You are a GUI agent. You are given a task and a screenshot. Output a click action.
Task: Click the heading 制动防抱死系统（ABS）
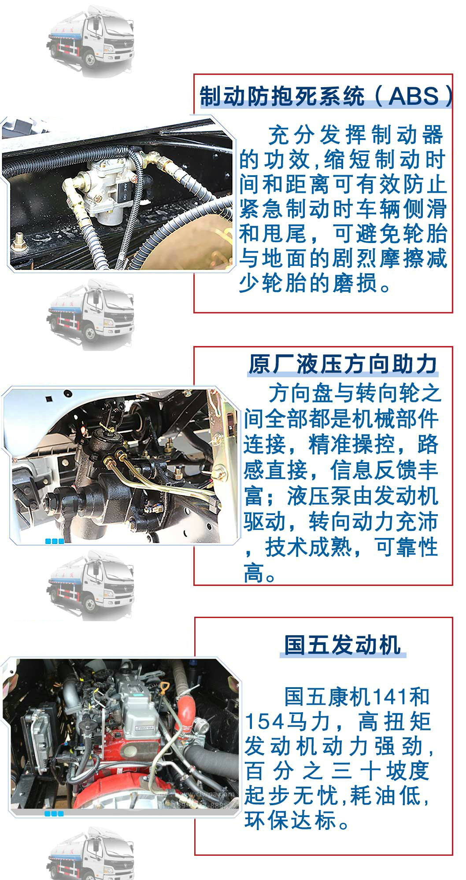tap(326, 96)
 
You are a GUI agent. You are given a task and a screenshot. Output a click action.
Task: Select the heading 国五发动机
tap(343, 645)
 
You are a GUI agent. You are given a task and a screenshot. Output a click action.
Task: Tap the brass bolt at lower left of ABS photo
tap(18, 240)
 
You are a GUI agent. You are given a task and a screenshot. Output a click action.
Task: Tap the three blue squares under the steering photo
tap(55, 541)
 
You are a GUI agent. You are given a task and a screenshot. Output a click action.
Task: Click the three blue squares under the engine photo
tap(55, 814)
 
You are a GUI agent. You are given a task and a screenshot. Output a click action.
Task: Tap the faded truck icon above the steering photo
tap(90, 313)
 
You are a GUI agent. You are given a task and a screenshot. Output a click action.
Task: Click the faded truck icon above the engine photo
tap(90, 585)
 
